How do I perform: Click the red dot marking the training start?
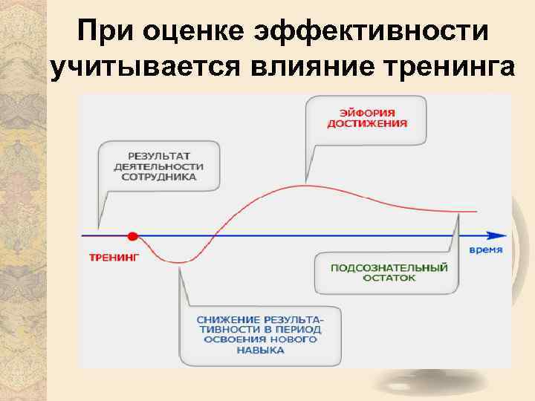pyautogui.click(x=132, y=236)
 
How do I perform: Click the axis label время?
pyautogui.click(x=485, y=250)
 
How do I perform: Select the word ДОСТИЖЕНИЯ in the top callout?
pyautogui.click(x=366, y=124)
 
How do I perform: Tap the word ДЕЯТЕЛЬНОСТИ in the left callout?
pyautogui.click(x=158, y=167)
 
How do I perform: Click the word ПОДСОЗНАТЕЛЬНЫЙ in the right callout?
pyautogui.click(x=389, y=267)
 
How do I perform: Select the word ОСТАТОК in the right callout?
pyautogui.click(x=389, y=278)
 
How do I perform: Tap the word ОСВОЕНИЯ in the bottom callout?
pyautogui.click(x=223, y=339)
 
